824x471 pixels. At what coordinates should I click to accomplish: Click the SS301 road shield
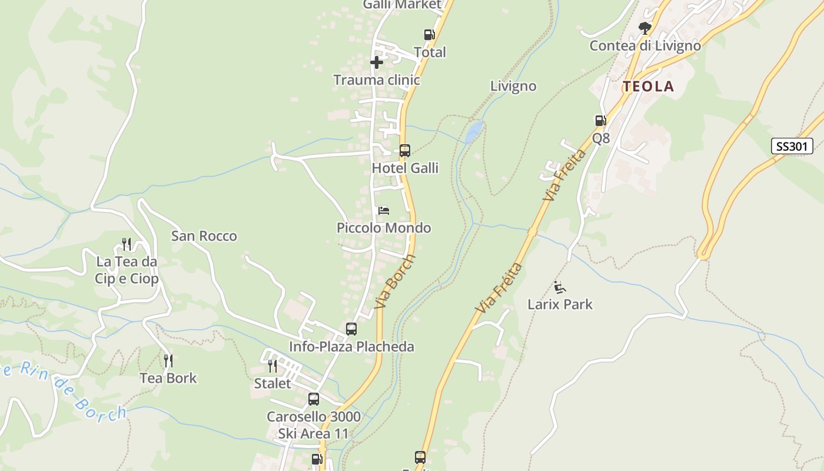[792, 146]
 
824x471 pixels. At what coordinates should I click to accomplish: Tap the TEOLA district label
[648, 87]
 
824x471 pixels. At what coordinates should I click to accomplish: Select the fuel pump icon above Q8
[600, 121]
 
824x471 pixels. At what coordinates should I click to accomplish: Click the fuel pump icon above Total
[429, 35]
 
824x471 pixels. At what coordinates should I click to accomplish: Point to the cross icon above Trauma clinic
[377, 62]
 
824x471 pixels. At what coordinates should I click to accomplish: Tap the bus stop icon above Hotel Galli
[404, 150]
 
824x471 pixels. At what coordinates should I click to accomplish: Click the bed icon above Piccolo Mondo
[384, 210]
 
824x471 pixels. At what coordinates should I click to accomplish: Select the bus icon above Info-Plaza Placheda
[351, 329]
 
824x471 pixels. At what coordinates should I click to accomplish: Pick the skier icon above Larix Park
[560, 287]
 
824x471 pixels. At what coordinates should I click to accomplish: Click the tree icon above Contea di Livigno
[645, 28]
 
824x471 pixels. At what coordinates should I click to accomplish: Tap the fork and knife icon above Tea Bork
[168, 360]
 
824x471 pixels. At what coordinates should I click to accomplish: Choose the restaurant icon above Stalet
[272, 366]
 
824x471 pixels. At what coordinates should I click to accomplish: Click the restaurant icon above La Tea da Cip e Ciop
[127, 244]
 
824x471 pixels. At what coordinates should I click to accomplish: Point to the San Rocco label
[204, 236]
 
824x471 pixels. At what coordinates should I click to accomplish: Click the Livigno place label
[513, 86]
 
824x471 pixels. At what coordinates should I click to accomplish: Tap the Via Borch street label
[394, 281]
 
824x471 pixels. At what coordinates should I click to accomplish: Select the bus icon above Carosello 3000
[314, 399]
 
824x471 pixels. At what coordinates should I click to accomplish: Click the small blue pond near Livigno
[474, 132]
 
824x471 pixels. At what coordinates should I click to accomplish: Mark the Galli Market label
[402, 5]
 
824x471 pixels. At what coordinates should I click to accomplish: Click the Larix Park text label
[560, 304]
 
